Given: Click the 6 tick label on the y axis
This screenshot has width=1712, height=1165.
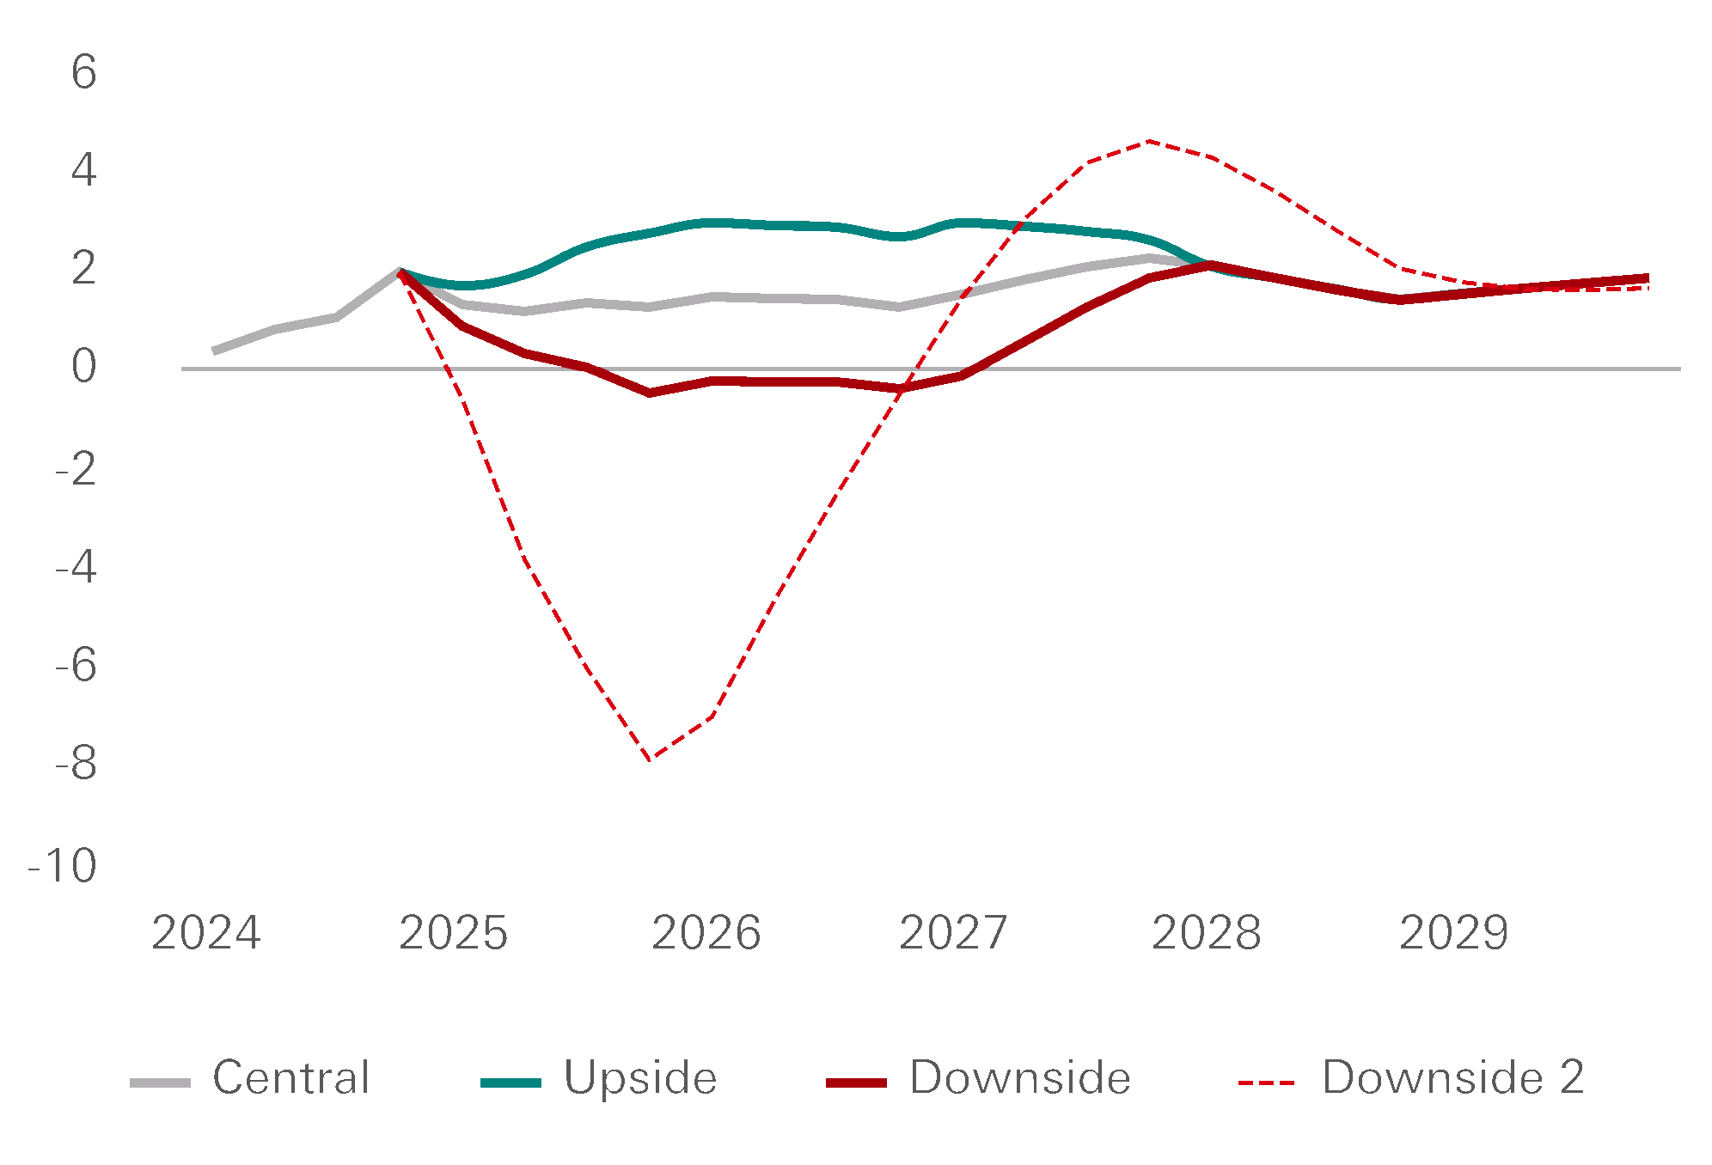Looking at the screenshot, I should [x=84, y=71].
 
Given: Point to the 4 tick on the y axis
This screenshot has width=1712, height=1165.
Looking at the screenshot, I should [x=84, y=170].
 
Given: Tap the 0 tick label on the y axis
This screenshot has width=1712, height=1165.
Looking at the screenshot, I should [x=84, y=367].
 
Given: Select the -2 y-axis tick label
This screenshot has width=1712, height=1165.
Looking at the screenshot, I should [x=76, y=468].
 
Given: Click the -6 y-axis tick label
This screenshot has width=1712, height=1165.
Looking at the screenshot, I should [x=76, y=665].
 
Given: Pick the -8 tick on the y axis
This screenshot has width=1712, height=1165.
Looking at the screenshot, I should [x=76, y=764].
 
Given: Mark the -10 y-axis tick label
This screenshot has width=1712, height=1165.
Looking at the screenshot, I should [x=63, y=865].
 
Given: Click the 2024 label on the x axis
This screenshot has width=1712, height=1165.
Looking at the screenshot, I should [x=206, y=933].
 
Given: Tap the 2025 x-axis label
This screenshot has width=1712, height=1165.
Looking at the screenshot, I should [x=454, y=933].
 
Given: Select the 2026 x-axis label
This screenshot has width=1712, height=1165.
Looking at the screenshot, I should [x=706, y=933].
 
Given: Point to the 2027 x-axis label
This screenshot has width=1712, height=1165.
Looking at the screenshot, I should [x=953, y=933].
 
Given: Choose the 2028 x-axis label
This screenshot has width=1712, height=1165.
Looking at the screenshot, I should [x=1206, y=933].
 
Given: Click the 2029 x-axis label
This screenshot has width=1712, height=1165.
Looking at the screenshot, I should [x=1453, y=933].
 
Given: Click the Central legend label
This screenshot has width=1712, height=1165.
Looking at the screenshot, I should [x=291, y=1077].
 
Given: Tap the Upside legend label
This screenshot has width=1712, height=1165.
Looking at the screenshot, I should [x=640, y=1077].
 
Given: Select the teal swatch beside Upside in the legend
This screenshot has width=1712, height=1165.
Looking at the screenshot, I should [x=511, y=1083].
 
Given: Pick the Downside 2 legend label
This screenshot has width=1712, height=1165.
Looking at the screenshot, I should [x=1453, y=1077].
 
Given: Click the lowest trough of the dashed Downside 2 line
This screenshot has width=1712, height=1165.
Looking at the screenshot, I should [x=649, y=759].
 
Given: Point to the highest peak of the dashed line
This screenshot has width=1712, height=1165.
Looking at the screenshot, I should [x=1148, y=142].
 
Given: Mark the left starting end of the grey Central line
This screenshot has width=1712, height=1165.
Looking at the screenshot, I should [x=214, y=351].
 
